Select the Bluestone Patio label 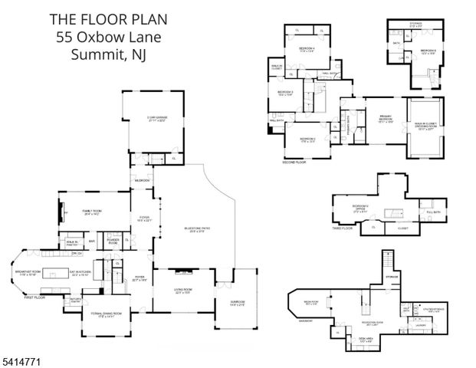(x=195, y=229)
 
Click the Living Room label (x=182, y=290)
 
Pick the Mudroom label (x=142, y=180)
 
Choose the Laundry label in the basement (x=421, y=324)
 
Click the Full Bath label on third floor (x=434, y=212)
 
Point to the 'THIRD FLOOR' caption (x=343, y=228)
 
